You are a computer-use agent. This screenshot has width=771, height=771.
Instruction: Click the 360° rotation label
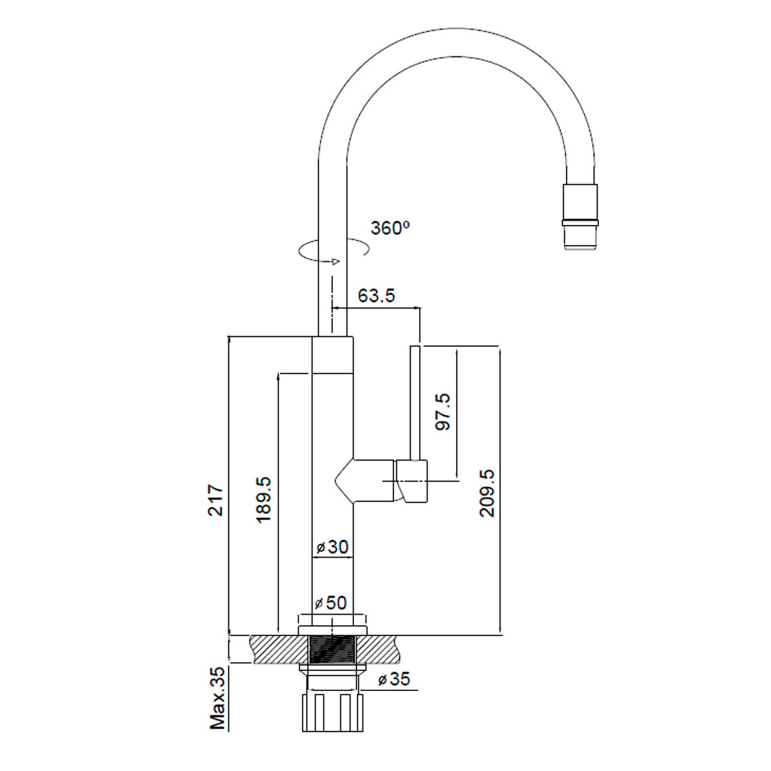point(389,228)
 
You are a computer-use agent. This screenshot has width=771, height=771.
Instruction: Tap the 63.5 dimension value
point(376,296)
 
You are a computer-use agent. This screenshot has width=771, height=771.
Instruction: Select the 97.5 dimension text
point(443,412)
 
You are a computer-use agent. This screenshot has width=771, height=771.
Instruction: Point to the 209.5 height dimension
point(487,493)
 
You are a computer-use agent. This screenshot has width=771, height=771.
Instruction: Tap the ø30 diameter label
point(332,548)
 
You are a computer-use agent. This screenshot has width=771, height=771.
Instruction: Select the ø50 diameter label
point(332,603)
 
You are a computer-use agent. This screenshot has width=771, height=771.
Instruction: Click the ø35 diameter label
point(394,679)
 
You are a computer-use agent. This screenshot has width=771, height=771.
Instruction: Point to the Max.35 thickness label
point(218,697)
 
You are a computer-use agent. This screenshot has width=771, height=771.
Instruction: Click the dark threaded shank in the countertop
point(333,650)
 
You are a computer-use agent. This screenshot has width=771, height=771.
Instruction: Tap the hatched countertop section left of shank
point(275,649)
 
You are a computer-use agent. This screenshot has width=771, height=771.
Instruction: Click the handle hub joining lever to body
point(413,482)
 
